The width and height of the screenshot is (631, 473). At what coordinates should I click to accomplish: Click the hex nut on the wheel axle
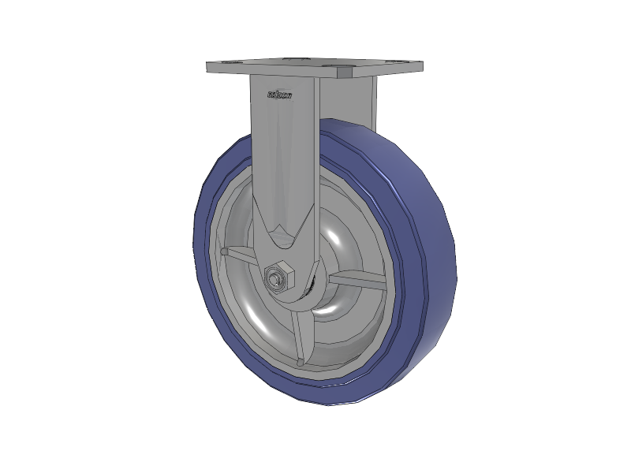[279, 277]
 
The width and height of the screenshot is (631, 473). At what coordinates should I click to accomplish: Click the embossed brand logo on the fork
[279, 96]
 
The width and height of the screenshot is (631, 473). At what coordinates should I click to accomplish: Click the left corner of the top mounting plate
[210, 67]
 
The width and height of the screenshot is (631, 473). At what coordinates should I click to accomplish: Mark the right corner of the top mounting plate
[420, 66]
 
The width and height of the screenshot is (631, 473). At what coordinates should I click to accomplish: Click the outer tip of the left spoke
[224, 251]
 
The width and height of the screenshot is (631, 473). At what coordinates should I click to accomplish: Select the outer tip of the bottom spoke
[300, 362]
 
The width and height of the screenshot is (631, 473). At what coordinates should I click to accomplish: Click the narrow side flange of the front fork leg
[315, 158]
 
